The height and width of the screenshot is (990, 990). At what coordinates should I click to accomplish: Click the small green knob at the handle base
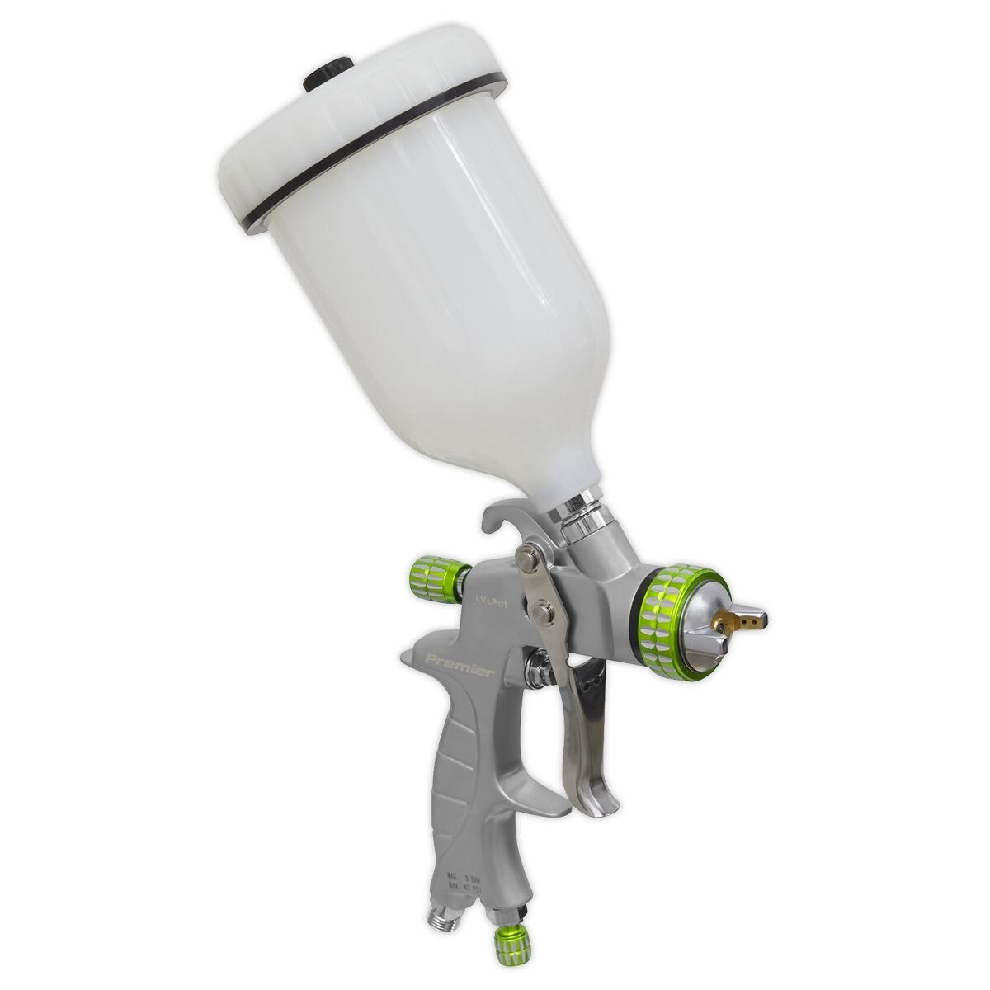tap(504, 963)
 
